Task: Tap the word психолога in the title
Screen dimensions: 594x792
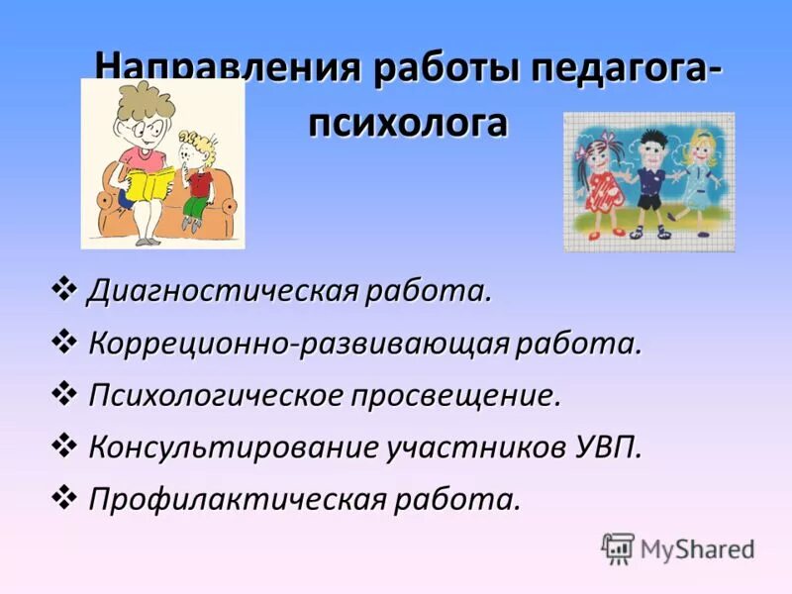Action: [407, 123]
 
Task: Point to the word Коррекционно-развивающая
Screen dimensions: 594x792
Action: [298, 344]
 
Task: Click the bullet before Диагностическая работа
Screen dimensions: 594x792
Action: [65, 290]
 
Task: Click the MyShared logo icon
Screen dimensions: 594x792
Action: [618, 547]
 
